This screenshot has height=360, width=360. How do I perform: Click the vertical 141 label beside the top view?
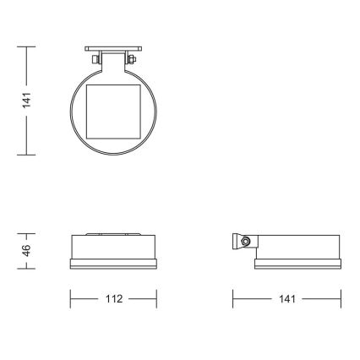pyautogui.click(x=27, y=101)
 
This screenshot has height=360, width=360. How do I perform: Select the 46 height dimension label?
pyautogui.click(x=27, y=250)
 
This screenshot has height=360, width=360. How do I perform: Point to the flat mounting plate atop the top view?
pyautogui.click(x=113, y=48)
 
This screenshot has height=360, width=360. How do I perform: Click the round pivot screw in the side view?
pyautogui.click(x=244, y=243)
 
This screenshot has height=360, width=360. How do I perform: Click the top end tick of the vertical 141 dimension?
pyautogui.click(x=27, y=46)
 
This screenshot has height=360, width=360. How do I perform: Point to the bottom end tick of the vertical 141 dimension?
pyautogui.click(x=27, y=155)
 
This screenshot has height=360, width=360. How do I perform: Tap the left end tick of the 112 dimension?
pyautogui.click(x=70, y=299)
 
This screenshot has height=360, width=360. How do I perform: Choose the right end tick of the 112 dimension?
pyautogui.click(x=157, y=299)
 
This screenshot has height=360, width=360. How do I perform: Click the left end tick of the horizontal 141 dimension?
pyautogui.click(x=233, y=299)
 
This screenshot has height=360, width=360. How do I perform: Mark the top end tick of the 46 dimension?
pyautogui.click(x=27, y=232)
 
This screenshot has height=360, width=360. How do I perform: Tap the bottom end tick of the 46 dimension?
pyautogui.click(x=27, y=269)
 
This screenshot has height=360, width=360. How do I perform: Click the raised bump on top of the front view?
pyautogui.click(x=113, y=234)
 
